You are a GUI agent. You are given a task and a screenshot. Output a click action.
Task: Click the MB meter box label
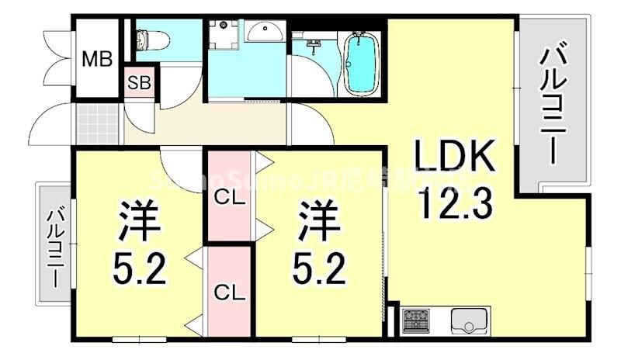tap(98, 58)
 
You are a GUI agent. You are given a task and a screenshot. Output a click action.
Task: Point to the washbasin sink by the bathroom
tap(265, 31)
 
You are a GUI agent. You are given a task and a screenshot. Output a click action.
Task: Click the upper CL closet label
tap(229, 197)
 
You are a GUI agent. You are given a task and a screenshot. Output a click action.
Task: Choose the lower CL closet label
tap(229, 292)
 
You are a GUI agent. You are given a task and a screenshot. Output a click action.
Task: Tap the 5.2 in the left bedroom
tap(140, 269)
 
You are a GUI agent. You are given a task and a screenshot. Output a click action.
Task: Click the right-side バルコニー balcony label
tap(552, 104)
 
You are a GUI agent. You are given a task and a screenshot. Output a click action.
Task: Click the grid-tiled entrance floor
tap(99, 123)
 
